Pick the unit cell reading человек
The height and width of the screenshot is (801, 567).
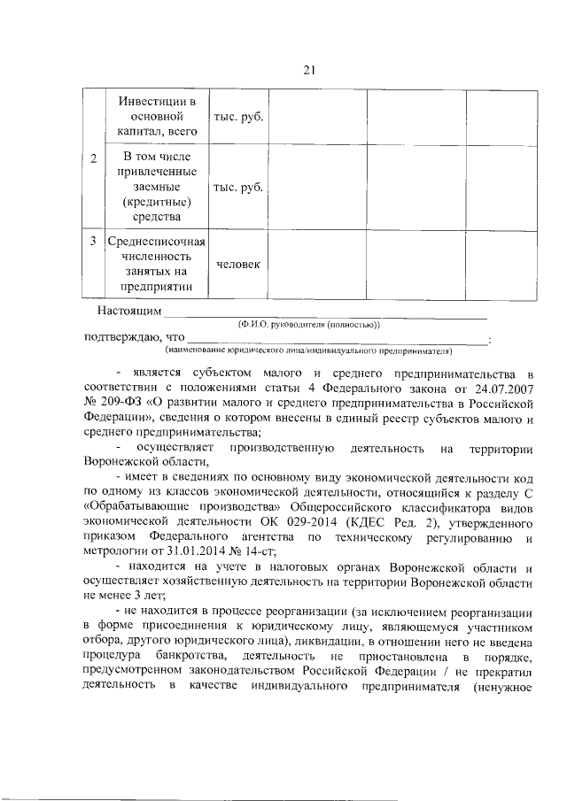[237, 266]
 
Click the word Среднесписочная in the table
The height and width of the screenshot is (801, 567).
[156, 241]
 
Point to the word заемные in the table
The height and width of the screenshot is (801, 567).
[156, 188]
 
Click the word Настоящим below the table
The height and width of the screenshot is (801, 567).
[129, 311]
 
